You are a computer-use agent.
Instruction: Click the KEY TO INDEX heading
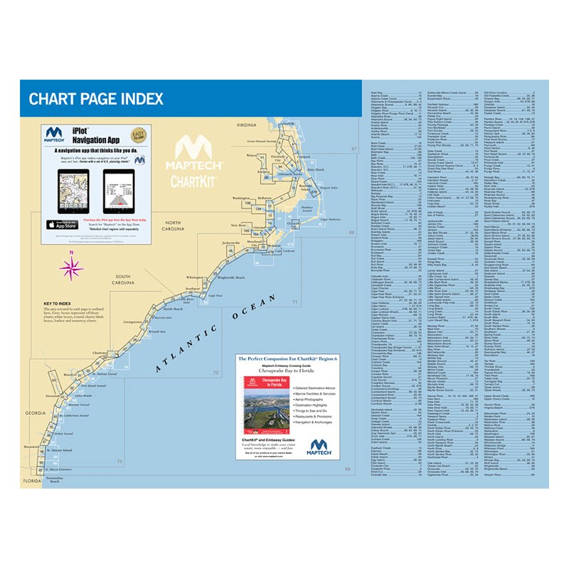(58, 304)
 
